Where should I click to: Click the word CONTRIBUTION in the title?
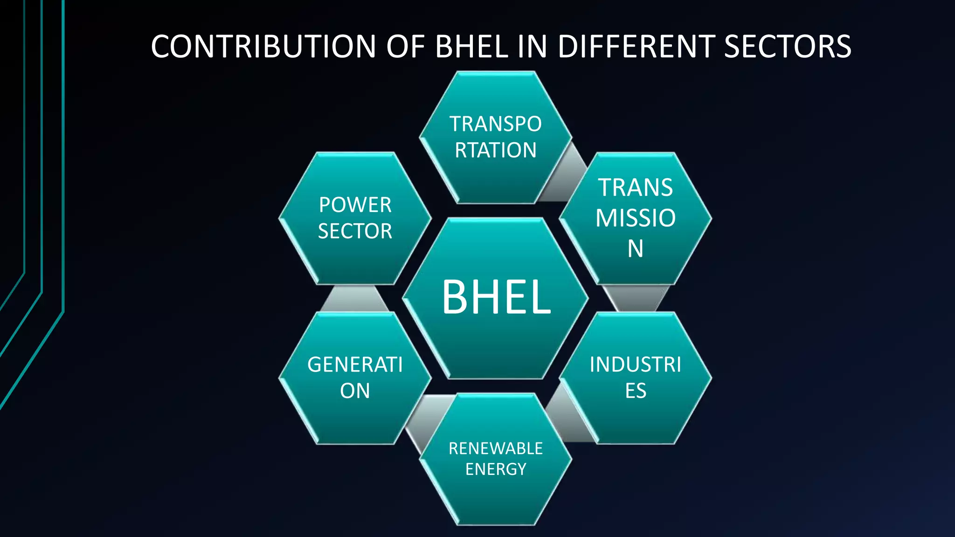tap(263, 47)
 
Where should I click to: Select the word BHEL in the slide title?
tap(471, 47)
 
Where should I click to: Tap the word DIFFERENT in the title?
tap(635, 47)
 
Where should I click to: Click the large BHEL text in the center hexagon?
tap(496, 297)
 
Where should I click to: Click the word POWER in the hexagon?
tap(355, 205)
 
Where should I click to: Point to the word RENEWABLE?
tap(496, 448)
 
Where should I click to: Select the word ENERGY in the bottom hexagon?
tap(496, 469)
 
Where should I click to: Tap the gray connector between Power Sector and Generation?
tap(354, 298)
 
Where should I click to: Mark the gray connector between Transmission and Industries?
tap(636, 298)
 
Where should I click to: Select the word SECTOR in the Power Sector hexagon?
tap(355, 231)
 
